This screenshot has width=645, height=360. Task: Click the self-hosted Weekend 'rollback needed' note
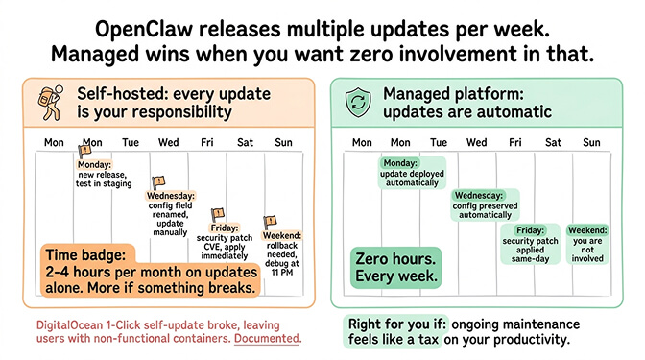(x=281, y=251)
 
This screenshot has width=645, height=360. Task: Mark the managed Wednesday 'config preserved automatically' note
(x=484, y=205)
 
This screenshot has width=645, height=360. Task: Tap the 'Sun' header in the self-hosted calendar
(x=283, y=143)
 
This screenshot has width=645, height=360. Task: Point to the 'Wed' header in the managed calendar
(x=476, y=143)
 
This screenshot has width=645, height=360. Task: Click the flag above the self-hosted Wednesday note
(x=159, y=181)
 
